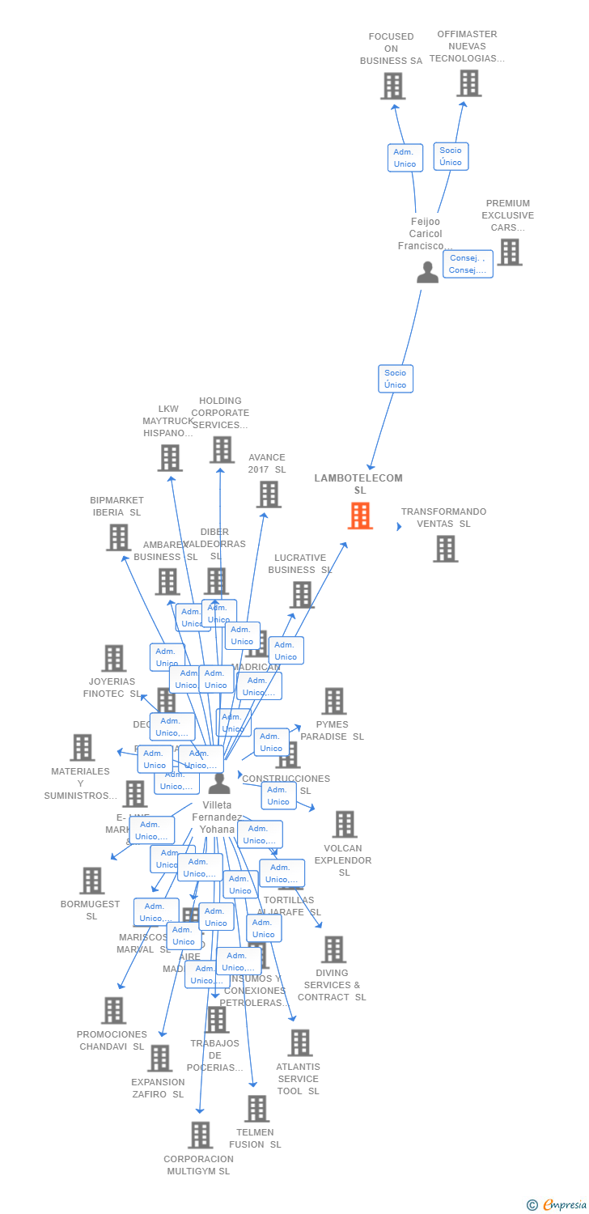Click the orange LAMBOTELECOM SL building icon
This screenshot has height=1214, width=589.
(360, 516)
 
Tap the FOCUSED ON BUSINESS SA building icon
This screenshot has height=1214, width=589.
(392, 86)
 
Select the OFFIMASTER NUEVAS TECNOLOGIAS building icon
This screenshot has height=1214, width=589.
(468, 83)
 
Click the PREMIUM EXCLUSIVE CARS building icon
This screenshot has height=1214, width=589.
(509, 252)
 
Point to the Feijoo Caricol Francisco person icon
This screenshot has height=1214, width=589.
(427, 272)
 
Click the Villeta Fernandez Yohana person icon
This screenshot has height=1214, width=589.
(219, 783)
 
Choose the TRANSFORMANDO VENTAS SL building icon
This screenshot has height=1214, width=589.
(445, 549)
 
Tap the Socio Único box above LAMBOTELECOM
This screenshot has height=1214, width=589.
(396, 379)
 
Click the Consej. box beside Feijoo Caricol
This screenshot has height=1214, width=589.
(468, 264)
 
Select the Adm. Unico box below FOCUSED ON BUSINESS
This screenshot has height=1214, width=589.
(405, 158)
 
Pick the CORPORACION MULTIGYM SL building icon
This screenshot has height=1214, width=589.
(200, 1135)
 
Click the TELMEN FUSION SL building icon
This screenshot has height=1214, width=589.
(256, 1108)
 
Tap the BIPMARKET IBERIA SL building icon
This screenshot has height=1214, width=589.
(118, 537)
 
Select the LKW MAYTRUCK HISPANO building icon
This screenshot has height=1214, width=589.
(170, 458)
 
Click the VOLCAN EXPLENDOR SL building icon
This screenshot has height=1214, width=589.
(345, 824)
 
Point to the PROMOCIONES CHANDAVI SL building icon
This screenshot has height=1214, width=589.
(113, 1010)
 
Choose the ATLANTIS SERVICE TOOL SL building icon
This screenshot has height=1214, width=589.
(299, 1043)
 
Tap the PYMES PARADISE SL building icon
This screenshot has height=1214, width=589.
(333, 701)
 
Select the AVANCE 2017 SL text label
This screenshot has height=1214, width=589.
(267, 463)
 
